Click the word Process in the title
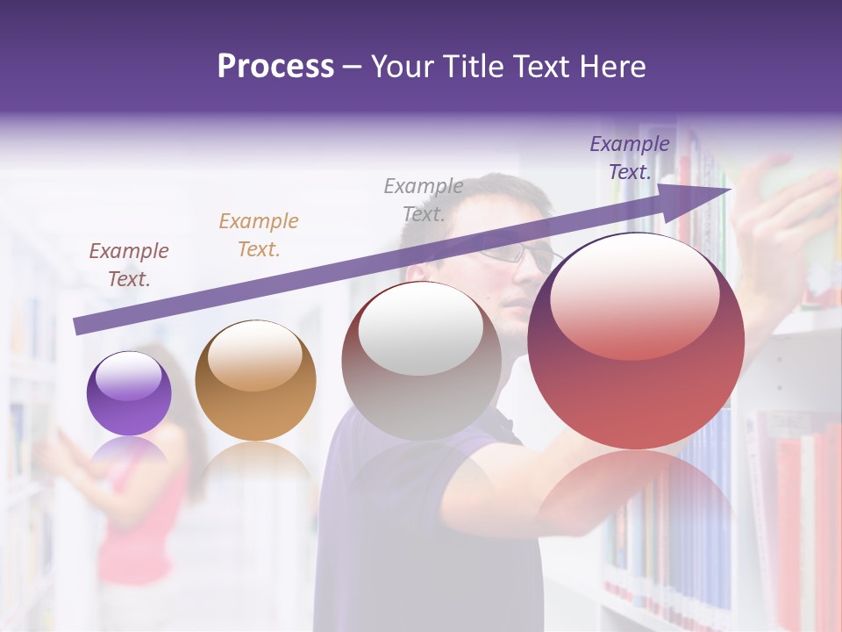pyautogui.click(x=275, y=66)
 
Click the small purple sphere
pyautogui.click(x=129, y=393)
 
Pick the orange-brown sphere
pyautogui.click(x=255, y=380)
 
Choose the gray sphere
pyautogui.click(x=421, y=360)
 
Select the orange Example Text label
pyautogui.click(x=259, y=235)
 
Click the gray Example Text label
pyautogui.click(x=424, y=199)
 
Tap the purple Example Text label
pyautogui.click(x=630, y=158)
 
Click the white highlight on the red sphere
pyautogui.click(x=634, y=294)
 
